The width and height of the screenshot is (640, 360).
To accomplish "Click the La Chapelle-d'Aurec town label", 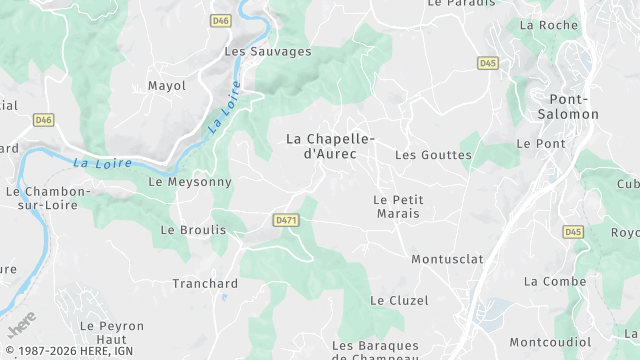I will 329,145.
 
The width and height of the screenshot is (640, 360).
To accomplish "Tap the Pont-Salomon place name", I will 574,106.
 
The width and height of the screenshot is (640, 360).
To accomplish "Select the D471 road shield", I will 286,220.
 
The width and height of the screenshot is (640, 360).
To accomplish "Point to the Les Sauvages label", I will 267,51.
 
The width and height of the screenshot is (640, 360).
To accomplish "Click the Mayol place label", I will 167,86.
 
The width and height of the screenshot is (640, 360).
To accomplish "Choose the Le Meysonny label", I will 189,182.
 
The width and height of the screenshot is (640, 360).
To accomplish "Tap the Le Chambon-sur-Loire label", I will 48,198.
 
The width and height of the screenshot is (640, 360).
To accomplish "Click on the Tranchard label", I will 205,283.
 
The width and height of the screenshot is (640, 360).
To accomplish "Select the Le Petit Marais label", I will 398,207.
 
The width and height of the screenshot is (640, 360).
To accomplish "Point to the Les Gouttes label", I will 433,155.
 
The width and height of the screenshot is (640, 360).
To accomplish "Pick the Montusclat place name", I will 447,259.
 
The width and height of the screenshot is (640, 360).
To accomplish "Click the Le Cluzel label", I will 399,300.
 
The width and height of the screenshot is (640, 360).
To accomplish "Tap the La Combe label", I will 555,282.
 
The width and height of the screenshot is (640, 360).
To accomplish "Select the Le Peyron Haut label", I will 112,333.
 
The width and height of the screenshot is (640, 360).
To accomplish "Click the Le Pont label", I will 541,144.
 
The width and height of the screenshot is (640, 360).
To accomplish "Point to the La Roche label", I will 550,25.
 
